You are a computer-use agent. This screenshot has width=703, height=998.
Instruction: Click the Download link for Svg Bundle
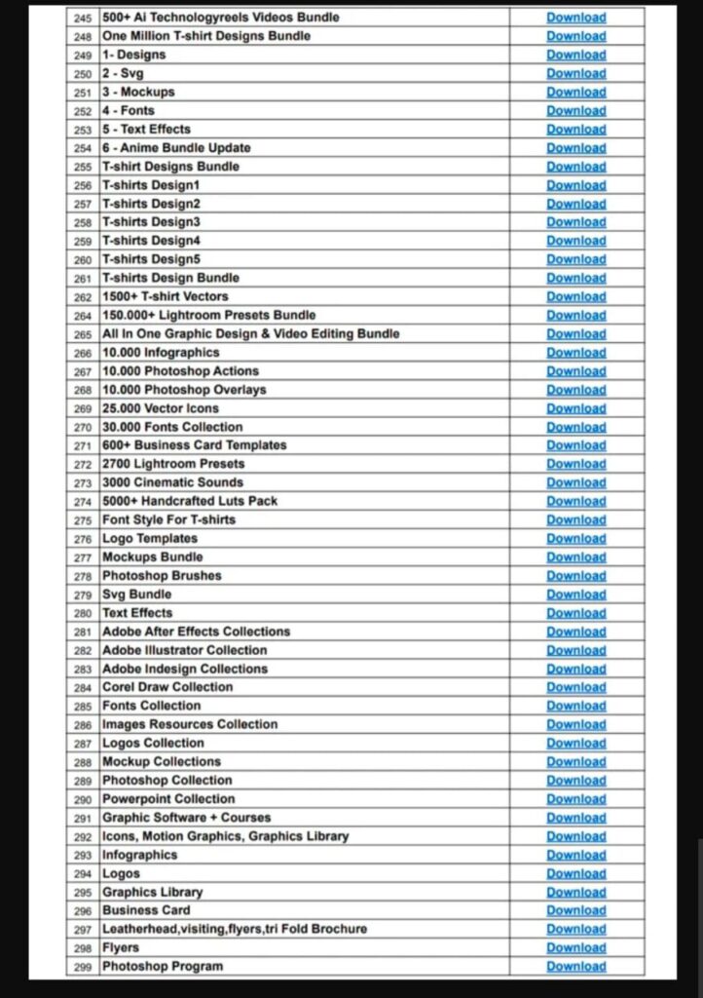click(x=575, y=595)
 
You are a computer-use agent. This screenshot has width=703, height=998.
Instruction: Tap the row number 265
click(x=83, y=334)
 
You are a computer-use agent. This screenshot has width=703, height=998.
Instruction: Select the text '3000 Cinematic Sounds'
click(x=173, y=482)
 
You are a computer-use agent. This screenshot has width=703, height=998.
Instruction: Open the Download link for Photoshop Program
click(x=575, y=967)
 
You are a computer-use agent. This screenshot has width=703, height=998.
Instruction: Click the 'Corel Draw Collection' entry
click(x=167, y=687)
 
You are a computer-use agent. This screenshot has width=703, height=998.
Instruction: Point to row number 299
click(x=83, y=967)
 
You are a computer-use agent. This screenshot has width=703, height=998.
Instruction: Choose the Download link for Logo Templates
click(x=575, y=539)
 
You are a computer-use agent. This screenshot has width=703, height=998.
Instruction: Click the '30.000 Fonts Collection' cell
click(x=172, y=427)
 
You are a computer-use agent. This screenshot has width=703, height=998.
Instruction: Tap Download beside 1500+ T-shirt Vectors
click(x=575, y=297)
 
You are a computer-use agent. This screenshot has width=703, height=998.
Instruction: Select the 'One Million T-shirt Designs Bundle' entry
click(x=206, y=36)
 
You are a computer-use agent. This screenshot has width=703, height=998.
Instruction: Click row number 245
click(x=83, y=18)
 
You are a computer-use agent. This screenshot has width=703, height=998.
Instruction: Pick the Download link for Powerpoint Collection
click(x=575, y=799)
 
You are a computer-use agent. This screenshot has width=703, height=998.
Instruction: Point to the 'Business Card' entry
click(x=146, y=910)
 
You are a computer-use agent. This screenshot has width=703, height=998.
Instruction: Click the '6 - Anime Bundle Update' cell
click(x=176, y=148)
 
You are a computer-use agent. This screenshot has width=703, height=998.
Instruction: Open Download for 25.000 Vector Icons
click(x=575, y=408)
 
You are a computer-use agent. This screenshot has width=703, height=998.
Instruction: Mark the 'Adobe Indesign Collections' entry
click(x=185, y=669)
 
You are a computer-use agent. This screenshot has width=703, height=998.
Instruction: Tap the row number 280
click(x=83, y=613)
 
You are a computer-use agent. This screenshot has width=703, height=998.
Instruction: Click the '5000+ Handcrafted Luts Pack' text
click(x=190, y=501)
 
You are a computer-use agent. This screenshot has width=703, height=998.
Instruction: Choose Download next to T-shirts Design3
click(x=575, y=222)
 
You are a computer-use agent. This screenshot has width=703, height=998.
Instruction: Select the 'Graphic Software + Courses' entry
click(x=187, y=818)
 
